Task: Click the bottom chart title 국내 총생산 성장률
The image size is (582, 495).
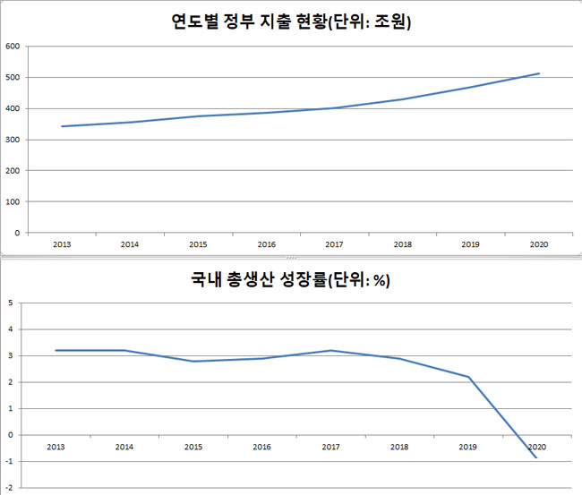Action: [290, 279]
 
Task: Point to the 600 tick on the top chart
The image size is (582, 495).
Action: [13, 46]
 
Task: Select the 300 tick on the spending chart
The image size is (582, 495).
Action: [13, 140]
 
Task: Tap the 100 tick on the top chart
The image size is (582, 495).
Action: [13, 201]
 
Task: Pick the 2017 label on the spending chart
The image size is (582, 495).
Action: [334, 243]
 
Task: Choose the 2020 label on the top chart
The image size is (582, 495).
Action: [538, 243]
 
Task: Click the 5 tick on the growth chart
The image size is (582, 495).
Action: [9, 303]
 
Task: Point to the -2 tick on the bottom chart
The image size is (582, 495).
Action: [9, 488]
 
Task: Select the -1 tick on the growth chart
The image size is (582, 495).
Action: [9, 462]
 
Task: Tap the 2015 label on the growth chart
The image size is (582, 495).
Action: [193, 446]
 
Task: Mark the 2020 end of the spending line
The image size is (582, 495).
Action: [539, 73]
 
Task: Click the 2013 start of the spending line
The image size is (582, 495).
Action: [61, 126]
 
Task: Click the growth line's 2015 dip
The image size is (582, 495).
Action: [193, 361]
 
